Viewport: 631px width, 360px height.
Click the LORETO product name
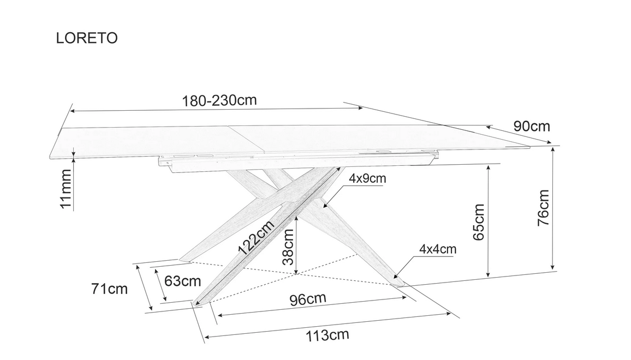(x=87, y=38)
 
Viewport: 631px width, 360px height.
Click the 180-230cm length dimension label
(x=219, y=100)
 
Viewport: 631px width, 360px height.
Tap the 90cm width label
(x=532, y=127)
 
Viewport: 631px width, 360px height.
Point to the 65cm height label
(x=479, y=221)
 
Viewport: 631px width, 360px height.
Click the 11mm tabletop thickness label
(x=65, y=189)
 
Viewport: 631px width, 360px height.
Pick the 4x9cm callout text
(x=367, y=178)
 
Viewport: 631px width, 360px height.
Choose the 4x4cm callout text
(x=438, y=249)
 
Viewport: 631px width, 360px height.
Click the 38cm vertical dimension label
(x=288, y=247)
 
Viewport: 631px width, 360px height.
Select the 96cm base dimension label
(x=308, y=299)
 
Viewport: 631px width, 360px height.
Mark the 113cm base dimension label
(x=328, y=335)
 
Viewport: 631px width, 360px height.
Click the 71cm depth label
(x=110, y=289)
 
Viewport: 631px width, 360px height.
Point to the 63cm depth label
(x=182, y=281)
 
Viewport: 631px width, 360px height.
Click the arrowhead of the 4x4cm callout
(x=396, y=277)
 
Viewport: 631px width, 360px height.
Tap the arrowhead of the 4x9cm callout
(x=325, y=206)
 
